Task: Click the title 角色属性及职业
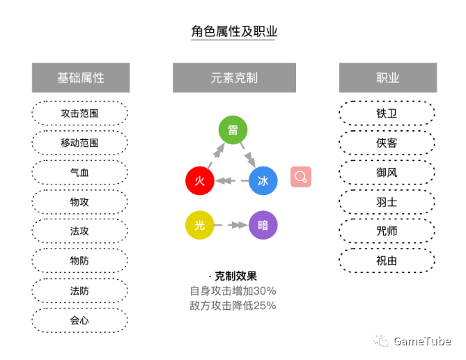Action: pos(233,31)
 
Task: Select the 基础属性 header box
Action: pos(81,77)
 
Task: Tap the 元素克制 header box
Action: pos(234,77)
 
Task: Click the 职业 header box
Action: pos(387,77)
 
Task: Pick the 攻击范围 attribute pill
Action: pos(80,113)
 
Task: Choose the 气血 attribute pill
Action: pos(80,172)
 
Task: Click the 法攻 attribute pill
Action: pos(80,231)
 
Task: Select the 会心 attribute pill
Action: pos(80,320)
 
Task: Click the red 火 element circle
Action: pos(200,181)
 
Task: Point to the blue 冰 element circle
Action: pos(263,181)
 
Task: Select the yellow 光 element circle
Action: pos(200,225)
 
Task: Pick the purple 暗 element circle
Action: pos(263,225)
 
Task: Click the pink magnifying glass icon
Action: pos(301,177)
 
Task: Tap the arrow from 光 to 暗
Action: pos(231,225)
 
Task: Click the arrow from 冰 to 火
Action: pos(231,181)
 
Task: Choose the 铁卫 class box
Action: pos(387,113)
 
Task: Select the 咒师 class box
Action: pos(387,231)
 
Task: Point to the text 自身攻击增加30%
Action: pos(233,290)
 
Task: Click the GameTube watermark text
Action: pos(422,341)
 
